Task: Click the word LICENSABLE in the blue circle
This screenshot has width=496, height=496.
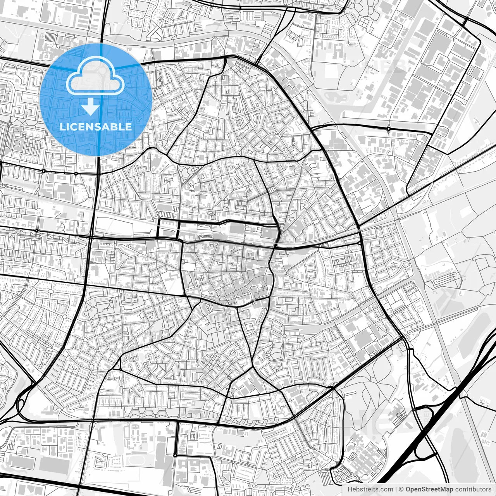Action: coord(96,127)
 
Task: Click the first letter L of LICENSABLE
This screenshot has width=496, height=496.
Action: coord(62,127)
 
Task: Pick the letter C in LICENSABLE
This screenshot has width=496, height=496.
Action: coord(73,127)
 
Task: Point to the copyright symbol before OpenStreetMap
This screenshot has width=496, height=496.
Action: coord(402,490)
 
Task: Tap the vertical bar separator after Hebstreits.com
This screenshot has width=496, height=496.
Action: coord(396,490)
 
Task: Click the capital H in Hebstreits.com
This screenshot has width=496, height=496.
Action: coord(350,490)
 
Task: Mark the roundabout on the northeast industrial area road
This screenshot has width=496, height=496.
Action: coord(388,129)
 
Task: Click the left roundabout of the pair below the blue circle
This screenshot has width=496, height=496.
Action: coord(44,170)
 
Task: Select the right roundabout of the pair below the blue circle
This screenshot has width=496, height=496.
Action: coord(76,173)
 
